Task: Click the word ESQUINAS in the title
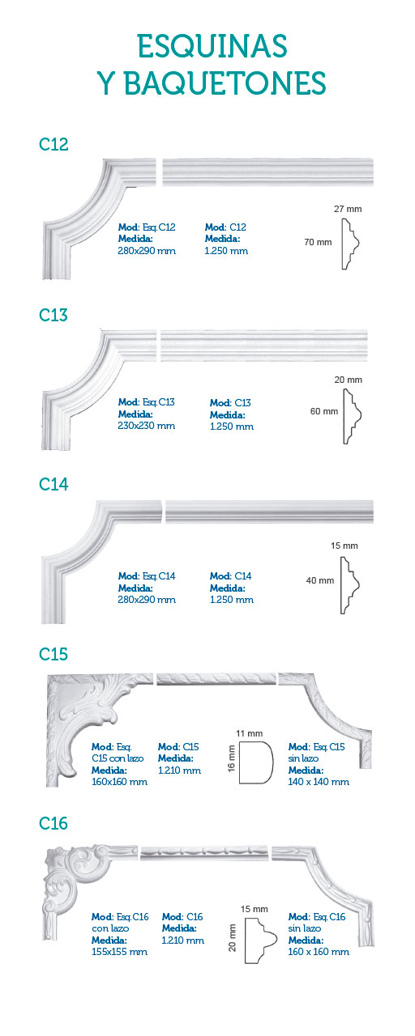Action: (212, 46)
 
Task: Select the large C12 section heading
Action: (53, 144)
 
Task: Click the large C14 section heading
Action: (53, 484)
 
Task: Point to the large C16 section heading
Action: (53, 823)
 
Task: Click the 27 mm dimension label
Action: (348, 209)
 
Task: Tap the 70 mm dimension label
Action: (318, 242)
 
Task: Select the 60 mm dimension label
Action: (324, 411)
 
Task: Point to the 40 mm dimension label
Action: (320, 580)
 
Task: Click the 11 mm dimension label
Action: (249, 733)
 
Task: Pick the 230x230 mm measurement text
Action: (147, 426)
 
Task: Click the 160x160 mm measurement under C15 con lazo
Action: (119, 782)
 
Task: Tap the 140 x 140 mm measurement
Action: (319, 782)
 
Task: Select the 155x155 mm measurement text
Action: (119, 952)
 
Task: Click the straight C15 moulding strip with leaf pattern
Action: (216, 679)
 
